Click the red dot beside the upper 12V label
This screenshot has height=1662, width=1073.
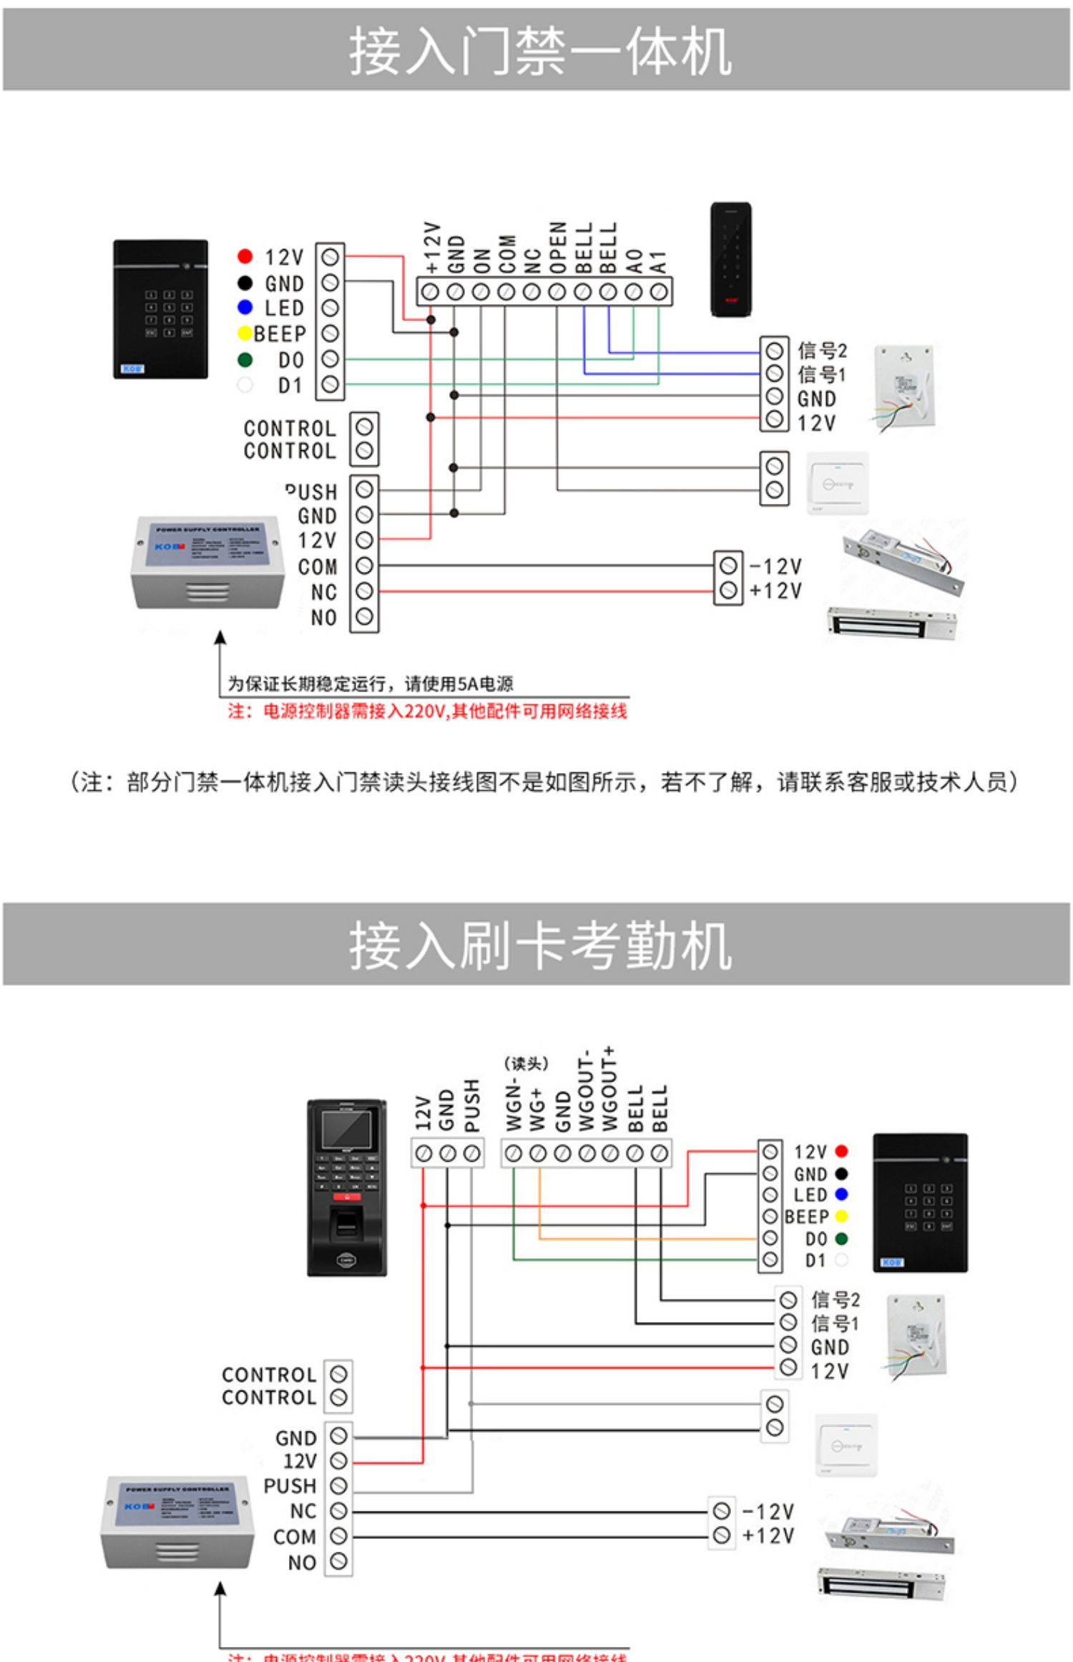pyautogui.click(x=245, y=256)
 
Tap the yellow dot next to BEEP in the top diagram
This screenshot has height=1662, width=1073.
pyautogui.click(x=245, y=334)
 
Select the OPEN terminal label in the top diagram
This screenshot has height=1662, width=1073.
pyautogui.click(x=558, y=248)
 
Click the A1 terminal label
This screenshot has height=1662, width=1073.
pyautogui.click(x=659, y=262)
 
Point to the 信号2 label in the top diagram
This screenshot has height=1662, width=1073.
pyautogui.click(x=822, y=351)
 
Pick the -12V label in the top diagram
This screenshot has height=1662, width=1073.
pyautogui.click(x=776, y=567)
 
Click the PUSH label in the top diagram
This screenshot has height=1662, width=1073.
pyautogui.click(x=312, y=492)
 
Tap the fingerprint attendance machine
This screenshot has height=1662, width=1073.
pyautogui.click(x=347, y=1188)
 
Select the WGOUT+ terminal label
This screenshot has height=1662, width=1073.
pyautogui.click(x=609, y=1089)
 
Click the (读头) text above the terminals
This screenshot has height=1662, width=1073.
pyautogui.click(x=526, y=1064)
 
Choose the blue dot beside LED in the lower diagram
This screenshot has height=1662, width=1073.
pyautogui.click(x=841, y=1194)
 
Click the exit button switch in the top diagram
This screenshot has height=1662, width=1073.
pyautogui.click(x=837, y=483)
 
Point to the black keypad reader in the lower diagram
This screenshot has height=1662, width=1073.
pyautogui.click(x=920, y=1202)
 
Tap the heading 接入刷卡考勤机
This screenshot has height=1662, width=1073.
pyautogui.click(x=540, y=946)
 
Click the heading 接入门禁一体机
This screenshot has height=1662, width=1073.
pyautogui.click(x=540, y=51)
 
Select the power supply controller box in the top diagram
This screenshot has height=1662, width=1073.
pyautogui.click(x=207, y=562)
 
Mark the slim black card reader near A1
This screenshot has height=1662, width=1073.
pyautogui.click(x=730, y=260)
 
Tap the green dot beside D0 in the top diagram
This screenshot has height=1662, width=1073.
pyautogui.click(x=245, y=359)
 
